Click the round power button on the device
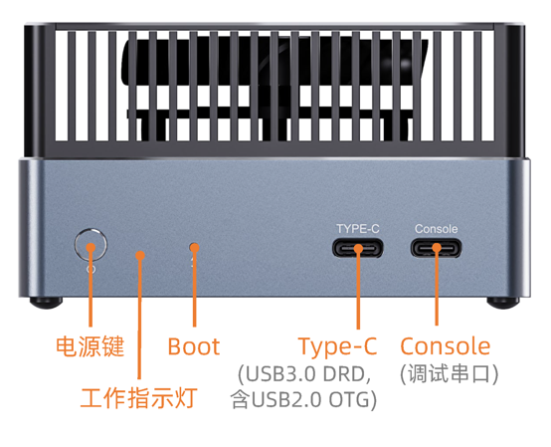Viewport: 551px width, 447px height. tap(91, 245)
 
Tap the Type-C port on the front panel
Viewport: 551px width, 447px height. tap(358, 248)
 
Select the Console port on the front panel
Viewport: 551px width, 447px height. tap(436, 248)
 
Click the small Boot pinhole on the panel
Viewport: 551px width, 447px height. tap(194, 247)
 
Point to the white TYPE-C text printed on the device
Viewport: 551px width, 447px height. tap(358, 229)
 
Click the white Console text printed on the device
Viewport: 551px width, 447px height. tap(436, 229)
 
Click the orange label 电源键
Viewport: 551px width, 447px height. tap(91, 346)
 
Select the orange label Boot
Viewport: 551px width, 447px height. tap(194, 346)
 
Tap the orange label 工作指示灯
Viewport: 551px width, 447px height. tap(139, 398)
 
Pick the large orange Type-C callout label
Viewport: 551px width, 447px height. tap(338, 346)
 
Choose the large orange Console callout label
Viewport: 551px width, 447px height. tap(446, 346)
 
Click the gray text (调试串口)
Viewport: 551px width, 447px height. tap(450, 373)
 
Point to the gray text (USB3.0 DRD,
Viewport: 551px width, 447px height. tap(304, 374)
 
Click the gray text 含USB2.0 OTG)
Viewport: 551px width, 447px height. tap(303, 399)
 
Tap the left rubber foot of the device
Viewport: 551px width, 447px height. tap(46, 302)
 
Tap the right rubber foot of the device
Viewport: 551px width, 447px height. tap(503, 302)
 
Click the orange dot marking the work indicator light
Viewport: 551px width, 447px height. tap(140, 255)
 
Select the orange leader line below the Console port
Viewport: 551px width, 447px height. tap(437, 287)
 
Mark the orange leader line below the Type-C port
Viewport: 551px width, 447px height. tap(358, 289)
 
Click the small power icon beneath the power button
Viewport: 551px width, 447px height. tap(92, 270)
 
